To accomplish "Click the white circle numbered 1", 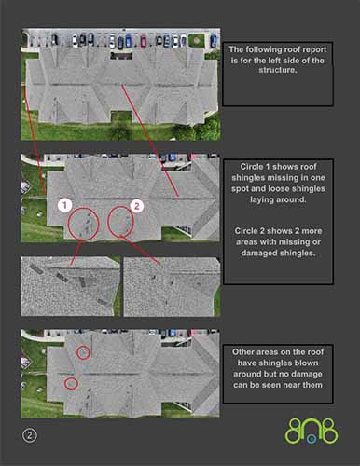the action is (65, 205).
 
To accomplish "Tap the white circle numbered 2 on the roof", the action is (136, 206).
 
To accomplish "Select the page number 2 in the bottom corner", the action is (30, 435).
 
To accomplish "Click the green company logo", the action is (312, 431).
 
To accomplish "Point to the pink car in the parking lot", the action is (144, 41).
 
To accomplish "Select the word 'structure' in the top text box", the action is (277, 70).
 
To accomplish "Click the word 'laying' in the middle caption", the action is (262, 199).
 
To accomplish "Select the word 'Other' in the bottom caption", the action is (243, 352).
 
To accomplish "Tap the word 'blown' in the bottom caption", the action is (308, 363).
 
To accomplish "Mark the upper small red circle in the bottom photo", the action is (83, 352).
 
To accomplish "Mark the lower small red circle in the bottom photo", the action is (71, 383).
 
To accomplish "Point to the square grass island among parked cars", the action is (197, 40).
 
